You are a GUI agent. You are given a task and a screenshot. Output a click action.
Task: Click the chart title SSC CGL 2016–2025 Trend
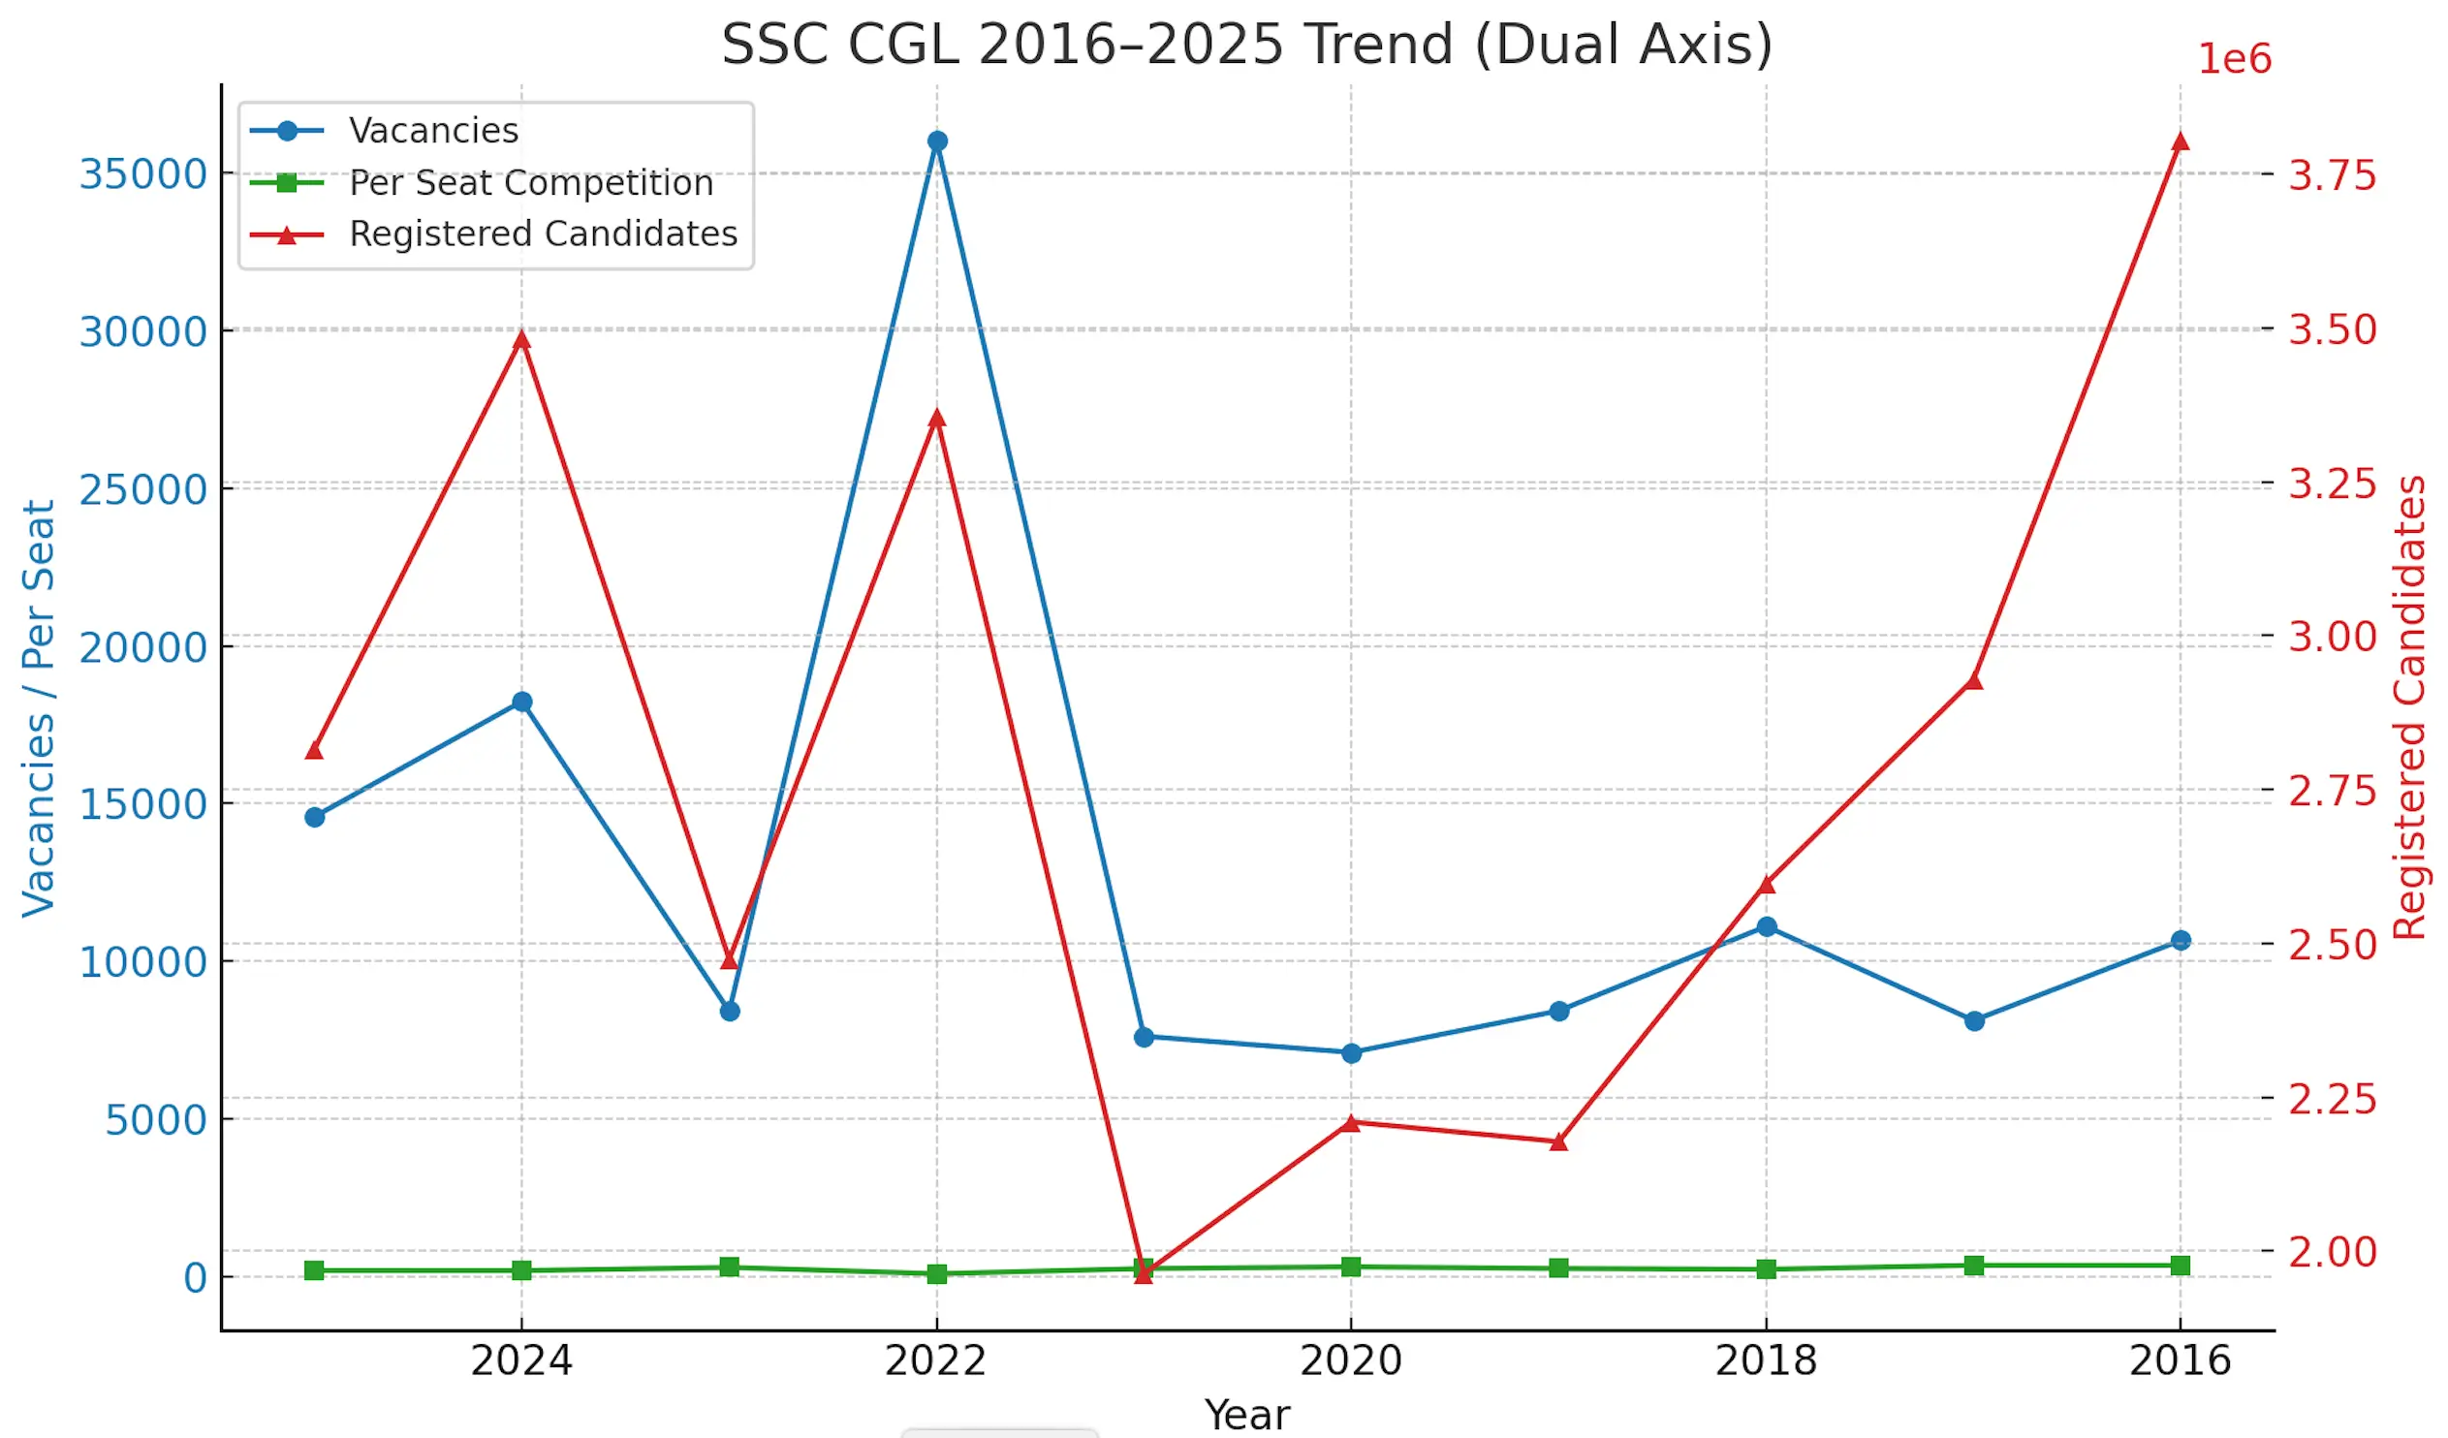tap(1246, 45)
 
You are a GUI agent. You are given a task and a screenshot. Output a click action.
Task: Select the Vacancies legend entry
tap(433, 130)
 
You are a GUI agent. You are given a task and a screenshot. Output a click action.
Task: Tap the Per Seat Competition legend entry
tap(530, 183)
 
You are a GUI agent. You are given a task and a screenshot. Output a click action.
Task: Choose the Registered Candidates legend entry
tap(543, 234)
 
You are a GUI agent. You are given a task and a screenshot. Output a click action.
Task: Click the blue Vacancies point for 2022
tap(936, 141)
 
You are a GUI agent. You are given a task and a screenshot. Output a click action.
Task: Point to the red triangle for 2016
tap(2180, 141)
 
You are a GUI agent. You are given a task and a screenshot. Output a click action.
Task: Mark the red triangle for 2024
tap(521, 339)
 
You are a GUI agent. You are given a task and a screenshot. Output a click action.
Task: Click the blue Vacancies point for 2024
tap(521, 702)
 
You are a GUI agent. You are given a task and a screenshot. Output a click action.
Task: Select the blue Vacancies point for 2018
tap(1766, 927)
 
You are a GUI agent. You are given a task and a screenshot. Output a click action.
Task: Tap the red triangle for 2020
tap(1350, 1123)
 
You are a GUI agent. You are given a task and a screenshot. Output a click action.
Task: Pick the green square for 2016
tap(2180, 1266)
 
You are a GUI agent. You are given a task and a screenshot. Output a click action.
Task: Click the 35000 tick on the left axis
tap(142, 174)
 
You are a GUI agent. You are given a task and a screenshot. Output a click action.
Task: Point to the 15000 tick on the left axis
tap(142, 804)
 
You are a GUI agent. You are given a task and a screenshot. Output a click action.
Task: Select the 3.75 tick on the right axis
tap(2332, 175)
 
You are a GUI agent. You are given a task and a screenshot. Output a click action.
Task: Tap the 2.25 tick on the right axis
tap(2332, 1100)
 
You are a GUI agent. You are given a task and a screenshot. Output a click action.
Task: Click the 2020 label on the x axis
tap(1350, 1360)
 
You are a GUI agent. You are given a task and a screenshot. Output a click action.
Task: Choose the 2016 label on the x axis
tap(2180, 1360)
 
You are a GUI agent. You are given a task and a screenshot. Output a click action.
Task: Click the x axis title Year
tap(1246, 1415)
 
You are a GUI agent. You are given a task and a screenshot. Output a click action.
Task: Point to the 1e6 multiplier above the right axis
tap(2234, 59)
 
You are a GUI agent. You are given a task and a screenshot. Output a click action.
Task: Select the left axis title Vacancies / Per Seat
tap(39, 707)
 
